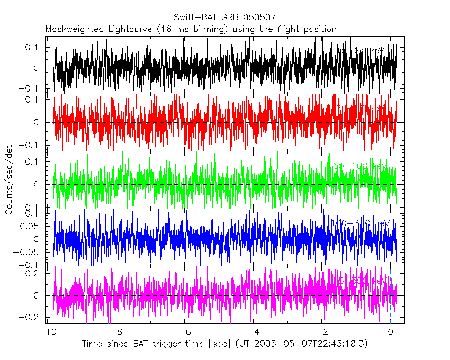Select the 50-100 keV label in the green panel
point(360,166)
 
